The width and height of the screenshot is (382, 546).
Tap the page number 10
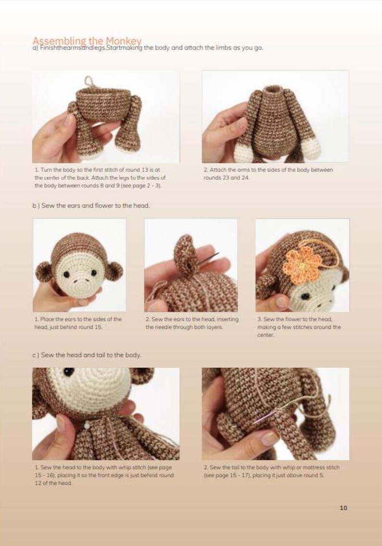point(343,507)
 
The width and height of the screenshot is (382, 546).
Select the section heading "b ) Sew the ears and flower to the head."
point(91,206)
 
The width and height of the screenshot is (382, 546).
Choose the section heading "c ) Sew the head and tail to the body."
point(87,355)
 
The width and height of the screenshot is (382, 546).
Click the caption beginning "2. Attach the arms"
point(267,173)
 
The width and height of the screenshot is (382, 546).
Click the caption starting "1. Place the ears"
point(78,323)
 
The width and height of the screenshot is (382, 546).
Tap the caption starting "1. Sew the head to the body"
point(104,475)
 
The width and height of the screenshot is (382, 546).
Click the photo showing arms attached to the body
point(275,117)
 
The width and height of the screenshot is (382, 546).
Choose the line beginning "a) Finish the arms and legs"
point(147,48)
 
